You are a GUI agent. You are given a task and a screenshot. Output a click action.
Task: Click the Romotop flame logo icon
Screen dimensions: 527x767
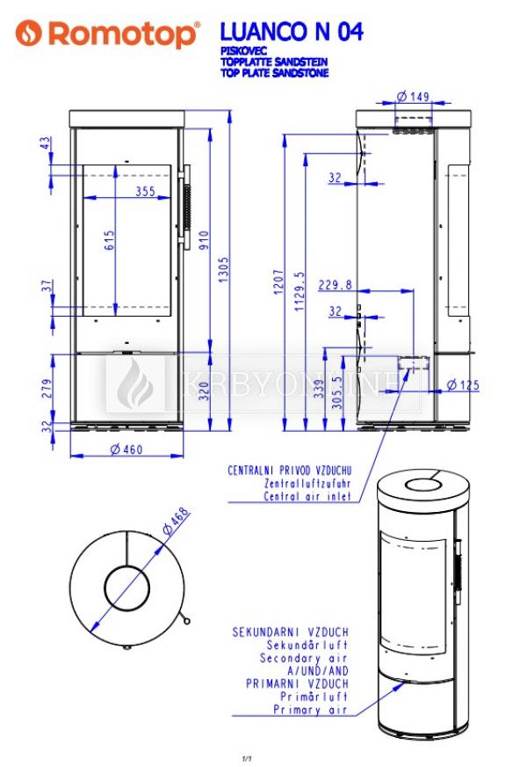pyautogui.click(x=28, y=33)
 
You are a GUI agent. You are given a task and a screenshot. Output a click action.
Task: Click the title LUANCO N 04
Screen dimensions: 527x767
pyautogui.click(x=292, y=33)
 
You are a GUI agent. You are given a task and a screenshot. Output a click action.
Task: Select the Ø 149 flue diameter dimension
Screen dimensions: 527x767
pyautogui.click(x=413, y=97)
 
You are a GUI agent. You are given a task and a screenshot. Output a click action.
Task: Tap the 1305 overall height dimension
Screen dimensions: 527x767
pyautogui.click(x=223, y=269)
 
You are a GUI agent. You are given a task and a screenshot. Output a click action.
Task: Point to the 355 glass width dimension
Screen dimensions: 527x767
pyautogui.click(x=145, y=191)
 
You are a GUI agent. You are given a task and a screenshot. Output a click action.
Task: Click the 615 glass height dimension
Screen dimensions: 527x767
pyautogui.click(x=109, y=240)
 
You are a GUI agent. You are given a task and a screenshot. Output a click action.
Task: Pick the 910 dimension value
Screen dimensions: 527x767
pyautogui.click(x=204, y=240)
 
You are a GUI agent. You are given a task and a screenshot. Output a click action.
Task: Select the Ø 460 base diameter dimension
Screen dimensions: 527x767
pyautogui.click(x=126, y=449)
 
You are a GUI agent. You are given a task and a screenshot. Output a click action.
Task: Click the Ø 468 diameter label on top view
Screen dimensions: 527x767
pyautogui.click(x=176, y=522)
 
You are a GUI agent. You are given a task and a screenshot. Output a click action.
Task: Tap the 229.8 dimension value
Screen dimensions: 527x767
pyautogui.click(x=335, y=284)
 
